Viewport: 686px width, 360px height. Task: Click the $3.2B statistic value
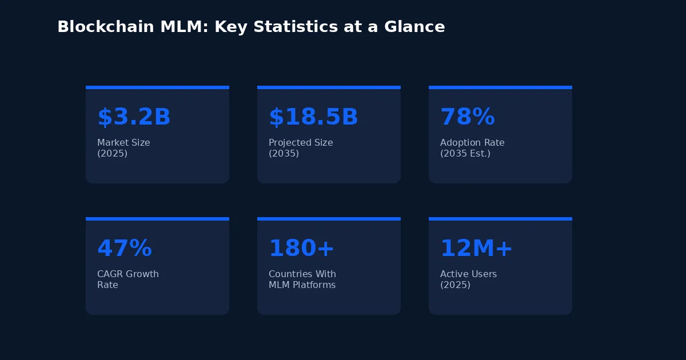pos(134,117)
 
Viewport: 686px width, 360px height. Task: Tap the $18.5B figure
pos(313,117)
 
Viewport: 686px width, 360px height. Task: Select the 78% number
pos(467,117)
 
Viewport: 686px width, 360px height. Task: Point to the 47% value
pos(124,249)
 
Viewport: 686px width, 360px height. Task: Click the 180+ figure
pos(301,249)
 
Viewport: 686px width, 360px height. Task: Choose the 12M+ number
pos(476,249)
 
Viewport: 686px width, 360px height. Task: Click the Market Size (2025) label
pos(123,148)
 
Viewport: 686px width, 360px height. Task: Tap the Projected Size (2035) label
pos(301,148)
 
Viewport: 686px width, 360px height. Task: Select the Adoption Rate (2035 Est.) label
pos(472,148)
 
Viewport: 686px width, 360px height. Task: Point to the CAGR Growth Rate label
pos(128,279)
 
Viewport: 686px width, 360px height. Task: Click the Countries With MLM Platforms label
pos(302,279)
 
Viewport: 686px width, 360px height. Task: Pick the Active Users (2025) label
pos(468,279)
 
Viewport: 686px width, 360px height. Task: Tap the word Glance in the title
pos(416,27)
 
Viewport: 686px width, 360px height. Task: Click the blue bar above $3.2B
pos(157,87)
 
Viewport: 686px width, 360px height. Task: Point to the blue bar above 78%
pos(500,87)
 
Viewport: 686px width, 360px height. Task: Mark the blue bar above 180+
pos(329,219)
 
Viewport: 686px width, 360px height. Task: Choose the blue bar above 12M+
pos(500,219)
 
